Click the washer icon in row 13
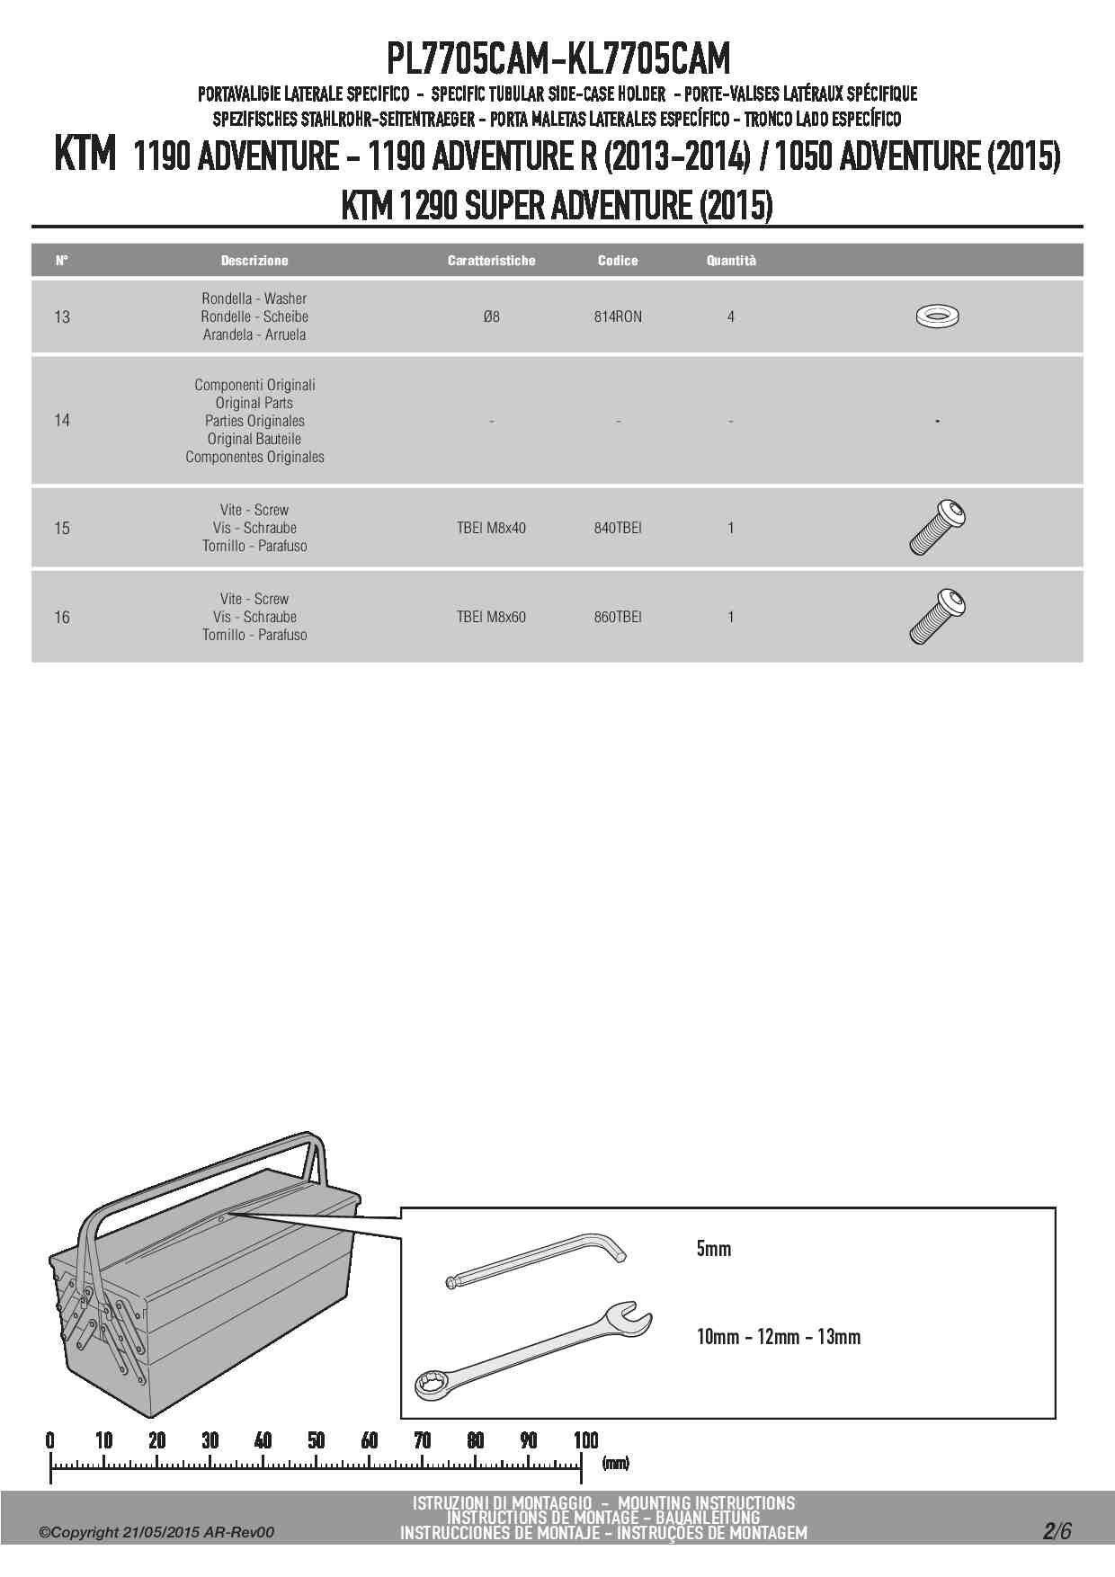coord(936,316)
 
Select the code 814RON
coord(618,316)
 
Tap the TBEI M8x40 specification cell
coord(491,528)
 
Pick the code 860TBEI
coord(618,617)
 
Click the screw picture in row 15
coord(937,528)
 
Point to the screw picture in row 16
coord(937,617)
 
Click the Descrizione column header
coord(254,261)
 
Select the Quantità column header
coord(731,261)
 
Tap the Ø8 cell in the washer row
coord(491,316)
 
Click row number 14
coord(62,420)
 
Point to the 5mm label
coord(713,1249)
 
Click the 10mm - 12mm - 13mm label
coord(778,1337)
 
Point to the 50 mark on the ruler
coord(317,1440)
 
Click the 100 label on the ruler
coord(585,1440)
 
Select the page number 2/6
coord(1057,1531)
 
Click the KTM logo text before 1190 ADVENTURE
coord(85,156)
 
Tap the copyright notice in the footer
coord(156,1533)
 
